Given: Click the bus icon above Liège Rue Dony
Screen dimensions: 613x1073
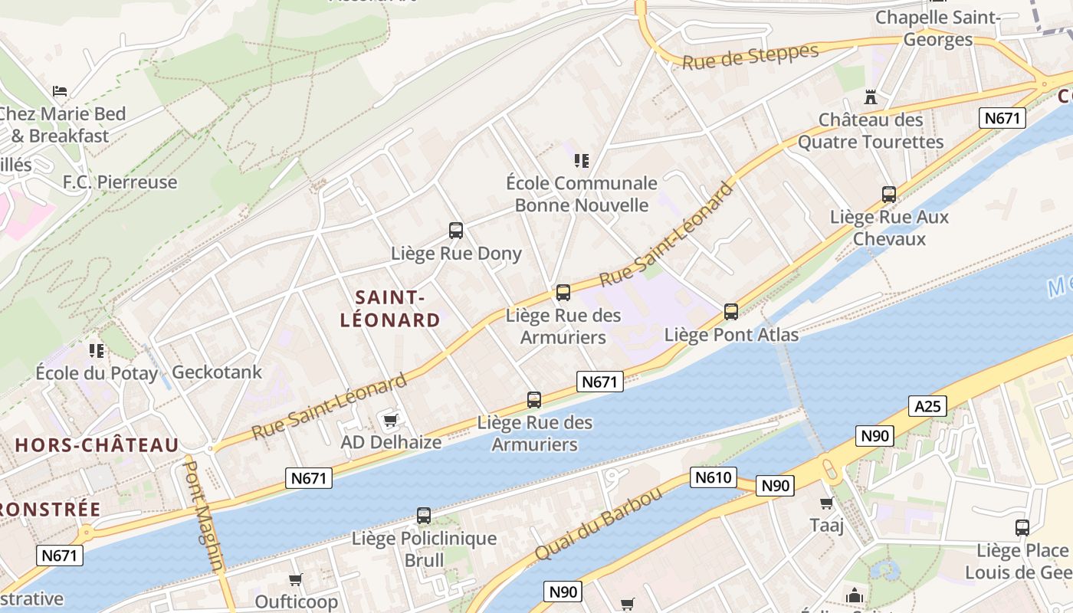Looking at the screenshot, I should (456, 230).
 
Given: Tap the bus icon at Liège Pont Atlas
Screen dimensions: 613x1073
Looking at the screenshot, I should (731, 312).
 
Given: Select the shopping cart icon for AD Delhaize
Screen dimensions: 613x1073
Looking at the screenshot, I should (391, 419).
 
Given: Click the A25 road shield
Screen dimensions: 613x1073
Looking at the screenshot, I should (927, 406).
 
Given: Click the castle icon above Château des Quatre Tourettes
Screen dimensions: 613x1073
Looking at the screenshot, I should (870, 97).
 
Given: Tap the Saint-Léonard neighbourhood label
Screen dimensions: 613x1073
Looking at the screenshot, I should (390, 308).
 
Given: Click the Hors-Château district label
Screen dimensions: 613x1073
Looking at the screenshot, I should (97, 445).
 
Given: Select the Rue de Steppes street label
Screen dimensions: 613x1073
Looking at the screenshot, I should (750, 57).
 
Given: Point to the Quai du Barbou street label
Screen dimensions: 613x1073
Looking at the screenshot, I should (598, 524).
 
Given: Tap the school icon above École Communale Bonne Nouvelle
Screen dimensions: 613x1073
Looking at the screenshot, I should (582, 160).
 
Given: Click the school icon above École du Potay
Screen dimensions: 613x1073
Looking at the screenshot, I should (97, 351).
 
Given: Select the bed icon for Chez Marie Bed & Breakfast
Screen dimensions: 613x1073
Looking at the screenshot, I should (60, 91).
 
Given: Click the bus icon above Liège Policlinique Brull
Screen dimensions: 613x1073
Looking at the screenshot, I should (424, 516).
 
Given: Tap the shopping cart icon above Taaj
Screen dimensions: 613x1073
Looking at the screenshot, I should (826, 503).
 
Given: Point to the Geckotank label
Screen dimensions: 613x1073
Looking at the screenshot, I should (217, 372).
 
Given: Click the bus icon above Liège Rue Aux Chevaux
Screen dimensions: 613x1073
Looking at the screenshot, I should (889, 195).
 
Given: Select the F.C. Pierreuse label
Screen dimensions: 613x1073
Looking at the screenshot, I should (120, 182).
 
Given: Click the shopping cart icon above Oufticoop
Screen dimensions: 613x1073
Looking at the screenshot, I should (296, 579).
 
